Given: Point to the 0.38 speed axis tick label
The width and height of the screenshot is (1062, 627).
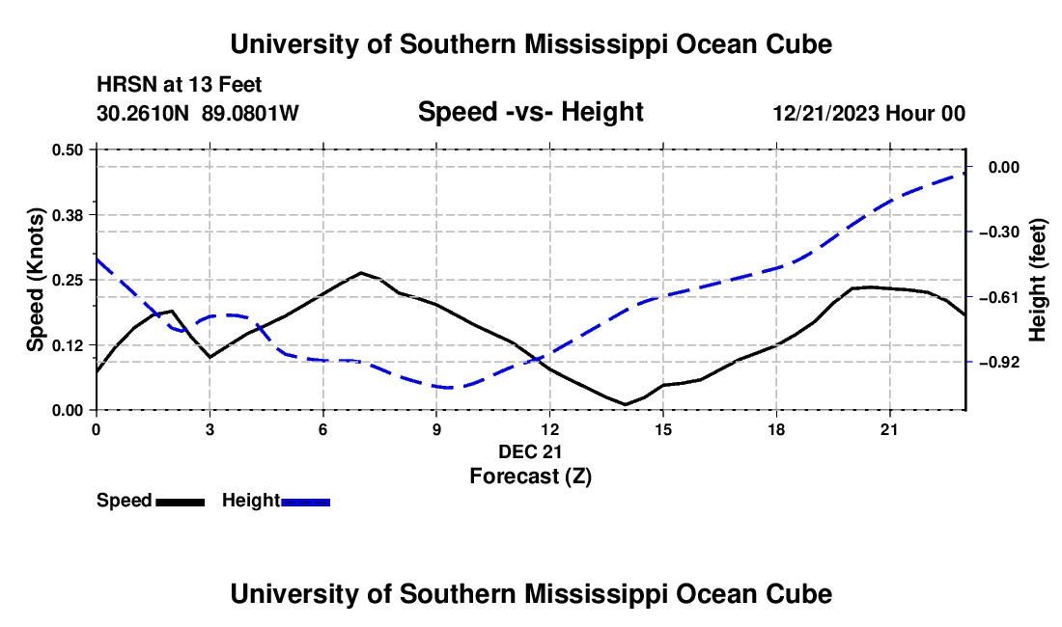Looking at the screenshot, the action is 67,215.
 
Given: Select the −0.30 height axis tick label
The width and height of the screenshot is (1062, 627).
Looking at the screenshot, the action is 999,232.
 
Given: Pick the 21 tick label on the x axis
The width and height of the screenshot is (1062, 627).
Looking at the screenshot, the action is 889,429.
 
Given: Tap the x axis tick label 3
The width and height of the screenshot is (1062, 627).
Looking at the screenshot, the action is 210,429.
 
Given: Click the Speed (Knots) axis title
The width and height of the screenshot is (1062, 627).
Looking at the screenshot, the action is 35,280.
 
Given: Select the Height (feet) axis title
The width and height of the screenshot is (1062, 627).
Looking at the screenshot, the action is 1038,280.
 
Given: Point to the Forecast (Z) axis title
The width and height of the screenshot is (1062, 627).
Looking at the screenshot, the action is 530,477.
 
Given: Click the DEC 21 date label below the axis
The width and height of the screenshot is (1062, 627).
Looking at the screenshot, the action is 530,451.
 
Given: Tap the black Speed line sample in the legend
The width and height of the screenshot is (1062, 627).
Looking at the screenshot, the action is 181,503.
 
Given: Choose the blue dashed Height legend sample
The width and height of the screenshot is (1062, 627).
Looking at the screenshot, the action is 305,503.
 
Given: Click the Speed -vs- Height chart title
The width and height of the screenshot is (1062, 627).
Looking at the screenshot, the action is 530,112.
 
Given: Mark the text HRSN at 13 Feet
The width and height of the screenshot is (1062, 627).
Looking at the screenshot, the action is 179,85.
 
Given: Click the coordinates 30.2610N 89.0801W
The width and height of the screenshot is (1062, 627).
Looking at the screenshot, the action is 198,113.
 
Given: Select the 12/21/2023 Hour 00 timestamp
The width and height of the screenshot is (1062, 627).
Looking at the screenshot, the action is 869,113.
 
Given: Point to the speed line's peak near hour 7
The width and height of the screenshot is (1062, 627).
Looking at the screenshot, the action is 361,273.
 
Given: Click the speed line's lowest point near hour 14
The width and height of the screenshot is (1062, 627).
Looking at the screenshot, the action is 626,404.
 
